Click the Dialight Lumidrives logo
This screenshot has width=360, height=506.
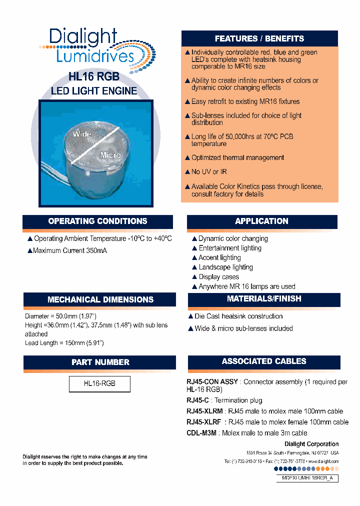pos(95,46)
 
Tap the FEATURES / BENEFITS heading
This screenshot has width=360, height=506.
pos(259,38)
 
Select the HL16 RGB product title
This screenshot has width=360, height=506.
pos(93,77)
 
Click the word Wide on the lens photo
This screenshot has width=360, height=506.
pos(82,134)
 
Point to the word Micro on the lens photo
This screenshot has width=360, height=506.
pos(110,155)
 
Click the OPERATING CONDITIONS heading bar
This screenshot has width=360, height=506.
pos(97,221)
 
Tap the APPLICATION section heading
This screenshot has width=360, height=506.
pos(261,221)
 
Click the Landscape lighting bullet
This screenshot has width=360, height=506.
pos(225,267)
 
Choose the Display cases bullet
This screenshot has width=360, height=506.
pos(218,277)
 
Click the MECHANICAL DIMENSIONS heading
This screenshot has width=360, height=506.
pos(100,299)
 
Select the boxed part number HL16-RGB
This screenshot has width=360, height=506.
pos(99,383)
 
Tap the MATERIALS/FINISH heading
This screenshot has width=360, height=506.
pos(264,299)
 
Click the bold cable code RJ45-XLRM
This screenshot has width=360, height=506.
pos(205,411)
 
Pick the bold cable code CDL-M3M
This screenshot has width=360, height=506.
pos(201,433)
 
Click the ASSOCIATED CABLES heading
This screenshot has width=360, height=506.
pos(264,361)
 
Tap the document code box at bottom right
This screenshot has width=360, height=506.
pos(307,478)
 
